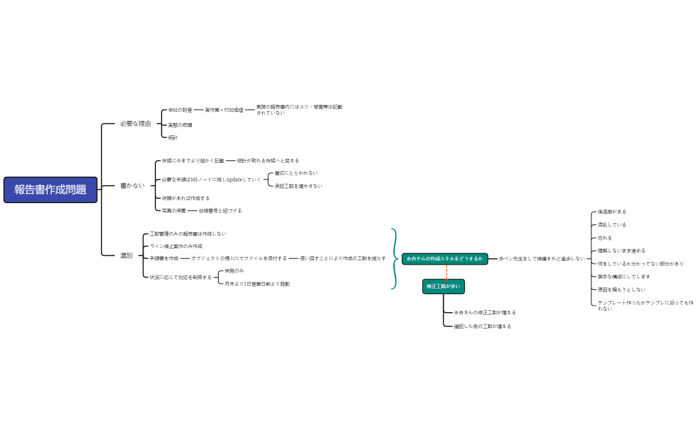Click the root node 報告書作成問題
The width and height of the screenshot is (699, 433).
tap(50, 190)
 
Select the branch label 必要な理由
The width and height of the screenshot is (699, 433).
tap(135, 124)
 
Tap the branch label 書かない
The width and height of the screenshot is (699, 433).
tap(132, 186)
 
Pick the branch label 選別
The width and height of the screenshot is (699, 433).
tap(126, 256)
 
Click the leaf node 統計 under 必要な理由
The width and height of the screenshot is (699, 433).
tap(173, 137)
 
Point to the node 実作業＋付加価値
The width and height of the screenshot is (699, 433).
tap(224, 110)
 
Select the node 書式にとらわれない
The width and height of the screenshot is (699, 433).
tap(296, 173)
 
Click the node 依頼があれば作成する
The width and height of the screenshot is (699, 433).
tap(186, 198)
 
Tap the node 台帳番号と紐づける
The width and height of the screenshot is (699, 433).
tap(220, 211)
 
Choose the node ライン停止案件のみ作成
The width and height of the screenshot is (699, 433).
tap(176, 246)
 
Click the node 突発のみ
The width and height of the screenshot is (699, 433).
tap(234, 271)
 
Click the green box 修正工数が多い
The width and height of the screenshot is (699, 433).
tap(444, 287)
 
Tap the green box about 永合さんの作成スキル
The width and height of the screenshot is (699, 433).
tap(445, 258)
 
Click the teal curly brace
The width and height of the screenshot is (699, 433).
tap(395, 258)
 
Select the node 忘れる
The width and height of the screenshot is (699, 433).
tap(605, 238)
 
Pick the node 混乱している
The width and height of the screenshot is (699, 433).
tap(612, 224)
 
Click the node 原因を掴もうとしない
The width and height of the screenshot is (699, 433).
tap(622, 289)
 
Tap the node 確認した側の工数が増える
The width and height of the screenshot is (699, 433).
tap(482, 326)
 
